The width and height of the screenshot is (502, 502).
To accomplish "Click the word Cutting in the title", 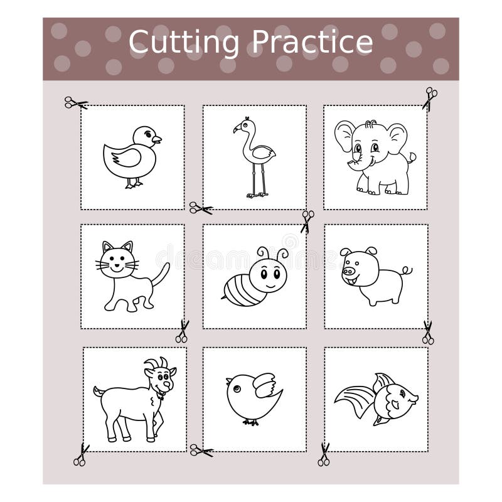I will pos(184,43).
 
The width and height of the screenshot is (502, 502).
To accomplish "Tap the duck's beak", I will pos(158,139).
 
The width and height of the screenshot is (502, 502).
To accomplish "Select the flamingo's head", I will pos(242,125).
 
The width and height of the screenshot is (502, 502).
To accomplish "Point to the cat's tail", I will pos(163,275).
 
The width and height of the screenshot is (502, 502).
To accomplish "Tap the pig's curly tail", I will pos(407,270).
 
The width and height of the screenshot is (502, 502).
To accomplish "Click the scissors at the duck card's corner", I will pos(75,102).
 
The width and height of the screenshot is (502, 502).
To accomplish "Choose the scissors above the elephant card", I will pos(429,98).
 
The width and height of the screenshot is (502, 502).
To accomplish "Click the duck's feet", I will pos(134,184).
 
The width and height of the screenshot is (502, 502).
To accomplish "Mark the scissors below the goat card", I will pos(80,455).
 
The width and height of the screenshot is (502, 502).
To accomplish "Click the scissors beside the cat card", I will pos(182,331).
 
